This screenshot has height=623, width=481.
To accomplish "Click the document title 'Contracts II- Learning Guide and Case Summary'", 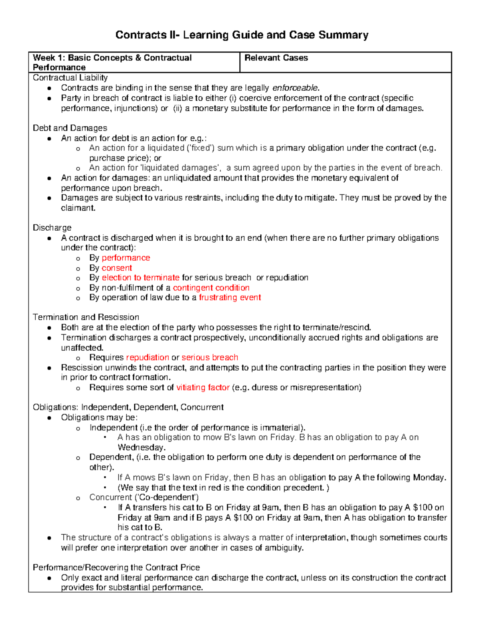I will (x=242, y=35).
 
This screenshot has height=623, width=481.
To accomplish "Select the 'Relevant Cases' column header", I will (x=276, y=58).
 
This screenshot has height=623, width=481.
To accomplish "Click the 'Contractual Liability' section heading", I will (x=70, y=78).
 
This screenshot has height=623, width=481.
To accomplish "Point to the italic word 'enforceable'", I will (x=295, y=88).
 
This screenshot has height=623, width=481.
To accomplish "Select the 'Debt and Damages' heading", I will (x=70, y=128).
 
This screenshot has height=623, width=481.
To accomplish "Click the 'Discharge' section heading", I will (x=52, y=228).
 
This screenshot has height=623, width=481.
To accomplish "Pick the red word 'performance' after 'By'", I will (x=126, y=258).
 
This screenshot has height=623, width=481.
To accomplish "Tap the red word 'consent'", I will (x=117, y=268).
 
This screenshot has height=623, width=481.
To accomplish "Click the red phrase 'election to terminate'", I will (x=140, y=278).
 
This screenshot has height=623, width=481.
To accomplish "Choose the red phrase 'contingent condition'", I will (x=211, y=288).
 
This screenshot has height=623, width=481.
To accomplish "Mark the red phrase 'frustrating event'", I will (x=230, y=298).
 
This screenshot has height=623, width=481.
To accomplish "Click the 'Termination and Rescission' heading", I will (x=86, y=317).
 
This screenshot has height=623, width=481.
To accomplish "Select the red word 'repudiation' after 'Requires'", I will (x=148, y=357).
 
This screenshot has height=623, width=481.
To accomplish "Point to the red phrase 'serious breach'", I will (x=210, y=357).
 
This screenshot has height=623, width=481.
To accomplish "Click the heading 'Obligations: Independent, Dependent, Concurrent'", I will (x=128, y=408).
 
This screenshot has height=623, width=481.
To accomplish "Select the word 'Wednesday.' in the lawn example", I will (x=141, y=447).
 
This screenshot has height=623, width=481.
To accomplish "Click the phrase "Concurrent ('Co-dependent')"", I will (x=144, y=497).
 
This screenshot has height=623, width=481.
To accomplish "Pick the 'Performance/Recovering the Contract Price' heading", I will (x=116, y=568).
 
